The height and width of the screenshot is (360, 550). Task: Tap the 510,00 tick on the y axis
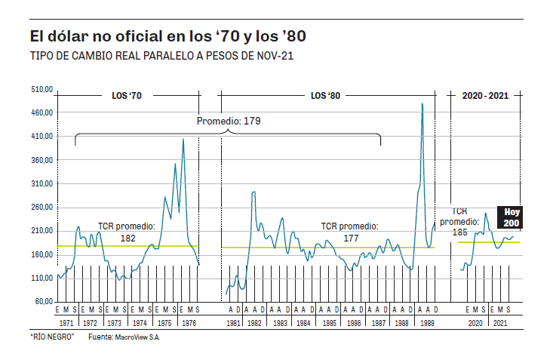[x=41, y=89]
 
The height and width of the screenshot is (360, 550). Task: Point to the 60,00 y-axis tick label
[x=43, y=302]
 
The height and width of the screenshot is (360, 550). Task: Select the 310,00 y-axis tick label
[x=41, y=183]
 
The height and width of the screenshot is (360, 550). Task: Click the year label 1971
[x=66, y=323]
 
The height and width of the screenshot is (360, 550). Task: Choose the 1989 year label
[x=426, y=323]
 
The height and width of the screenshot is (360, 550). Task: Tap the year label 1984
[x=303, y=323]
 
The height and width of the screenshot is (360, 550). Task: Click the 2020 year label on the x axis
[x=475, y=323]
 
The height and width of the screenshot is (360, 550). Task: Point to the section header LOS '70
[x=127, y=97]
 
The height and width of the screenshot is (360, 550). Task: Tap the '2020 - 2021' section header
[x=485, y=97]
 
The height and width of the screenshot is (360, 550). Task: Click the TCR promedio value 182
[x=128, y=238]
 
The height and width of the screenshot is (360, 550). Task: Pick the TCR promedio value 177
[x=350, y=238]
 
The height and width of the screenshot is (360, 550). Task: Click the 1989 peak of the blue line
[x=422, y=104]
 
